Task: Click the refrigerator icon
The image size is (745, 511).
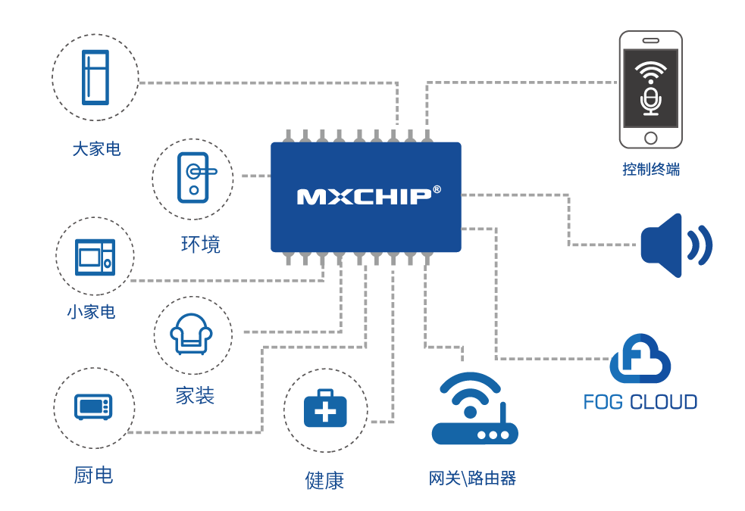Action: pos(95,77)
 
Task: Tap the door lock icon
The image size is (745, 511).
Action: pos(194,178)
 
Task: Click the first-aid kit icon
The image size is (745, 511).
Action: pos(325,410)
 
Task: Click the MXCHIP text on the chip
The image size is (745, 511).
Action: pos(364,197)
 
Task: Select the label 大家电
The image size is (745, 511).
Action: pos(96,148)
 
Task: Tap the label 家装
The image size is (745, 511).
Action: pos(195,395)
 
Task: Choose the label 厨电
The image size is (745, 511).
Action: pos(94,475)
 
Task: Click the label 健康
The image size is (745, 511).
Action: pos(324,480)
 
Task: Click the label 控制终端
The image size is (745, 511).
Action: pos(651,170)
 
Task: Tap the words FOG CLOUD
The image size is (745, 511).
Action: pos(640,401)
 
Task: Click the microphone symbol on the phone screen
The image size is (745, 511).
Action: pos(651,101)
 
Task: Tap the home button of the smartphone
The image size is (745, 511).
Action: pos(651,138)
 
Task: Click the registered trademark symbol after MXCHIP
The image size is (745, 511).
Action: pos(437,189)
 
